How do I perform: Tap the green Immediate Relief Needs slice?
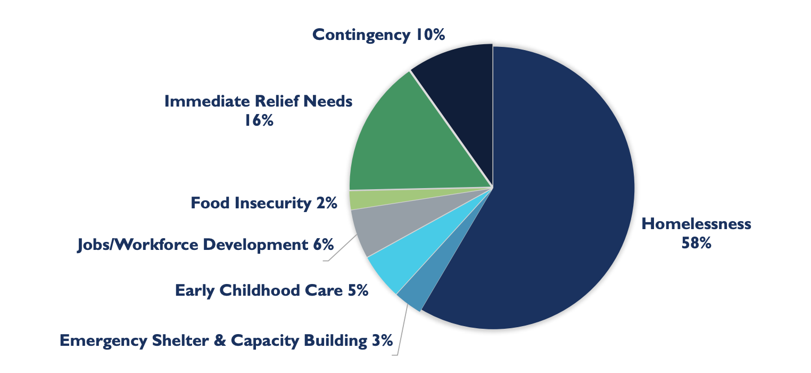pyautogui.click(x=404, y=144)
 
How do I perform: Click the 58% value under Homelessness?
pyautogui.click(x=696, y=244)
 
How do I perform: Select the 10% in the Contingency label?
pyautogui.click(x=429, y=35)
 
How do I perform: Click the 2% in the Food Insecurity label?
pyautogui.click(x=326, y=203)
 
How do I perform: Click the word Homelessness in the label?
pyautogui.click(x=696, y=223)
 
